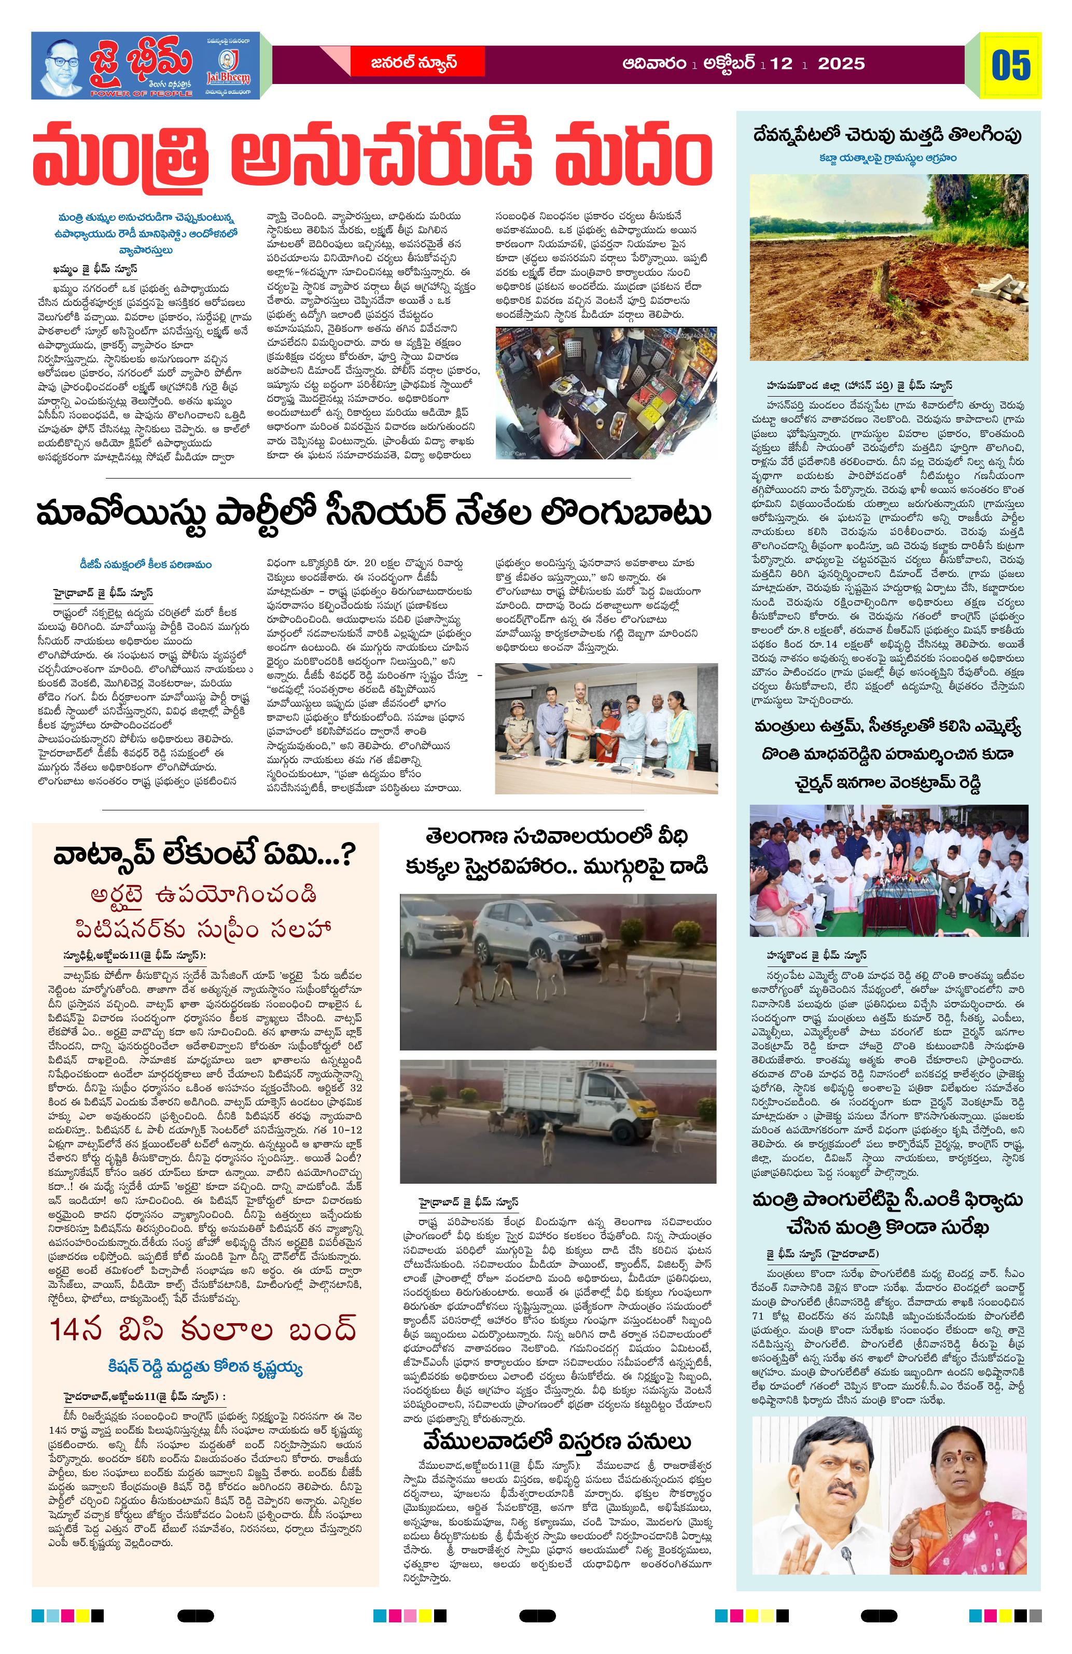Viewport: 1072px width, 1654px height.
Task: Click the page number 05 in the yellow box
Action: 1011,65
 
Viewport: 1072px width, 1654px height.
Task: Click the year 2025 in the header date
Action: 841,64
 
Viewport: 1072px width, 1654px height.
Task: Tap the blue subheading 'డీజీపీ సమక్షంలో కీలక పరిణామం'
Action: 146,564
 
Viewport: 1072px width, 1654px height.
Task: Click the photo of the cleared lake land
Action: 888,268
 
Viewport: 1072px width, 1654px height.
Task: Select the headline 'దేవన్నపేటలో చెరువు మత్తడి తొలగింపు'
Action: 888,135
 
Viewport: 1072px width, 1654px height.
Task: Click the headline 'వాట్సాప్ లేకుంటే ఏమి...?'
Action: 204,854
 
